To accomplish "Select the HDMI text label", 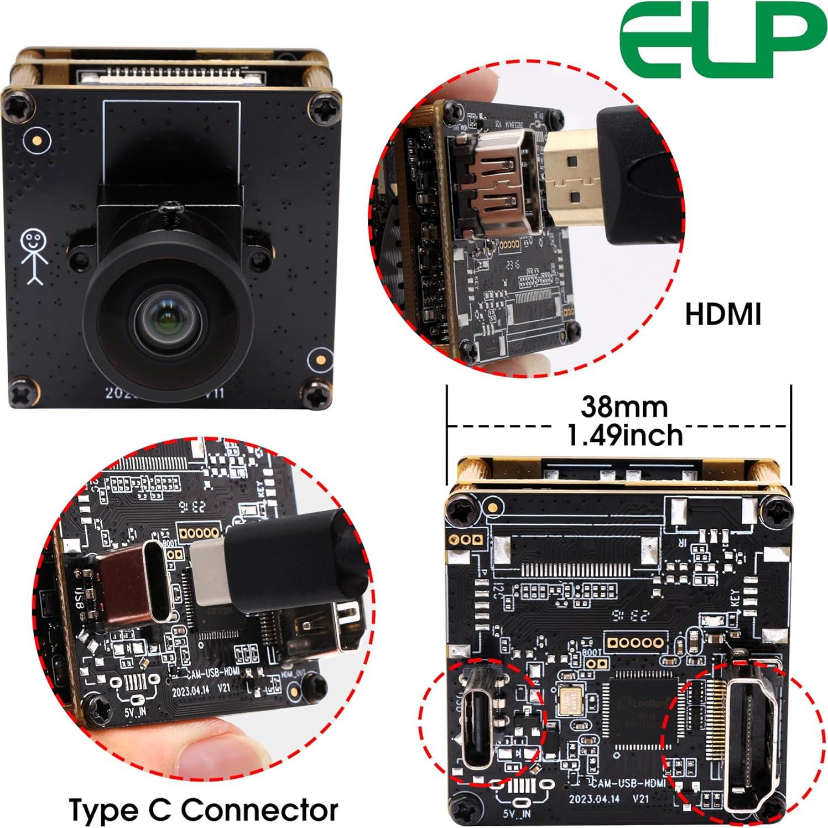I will coord(723,314).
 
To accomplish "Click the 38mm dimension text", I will coord(624,407).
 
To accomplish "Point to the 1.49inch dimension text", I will coord(625,436).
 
